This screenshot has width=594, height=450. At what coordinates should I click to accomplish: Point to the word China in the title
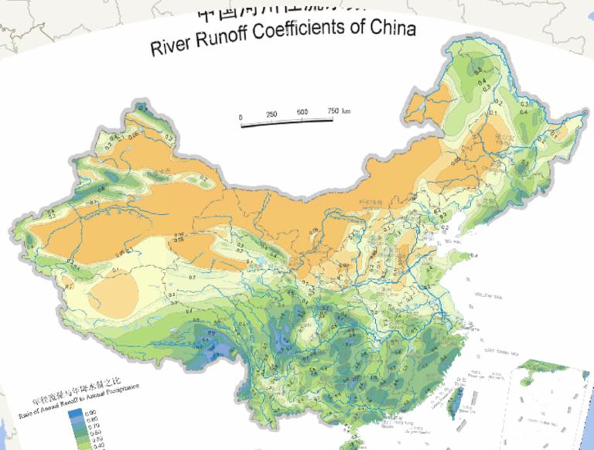click(391, 29)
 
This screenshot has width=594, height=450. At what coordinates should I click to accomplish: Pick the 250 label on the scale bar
click(271, 114)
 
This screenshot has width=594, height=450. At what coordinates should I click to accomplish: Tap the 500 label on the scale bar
click(302, 113)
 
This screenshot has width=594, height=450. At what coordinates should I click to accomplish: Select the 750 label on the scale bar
click(330, 111)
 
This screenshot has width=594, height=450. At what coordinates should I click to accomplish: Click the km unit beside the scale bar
click(345, 111)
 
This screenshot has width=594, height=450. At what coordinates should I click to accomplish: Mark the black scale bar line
click(287, 121)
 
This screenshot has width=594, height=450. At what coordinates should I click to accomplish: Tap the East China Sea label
click(500, 351)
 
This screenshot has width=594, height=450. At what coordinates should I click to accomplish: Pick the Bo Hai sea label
click(449, 242)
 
